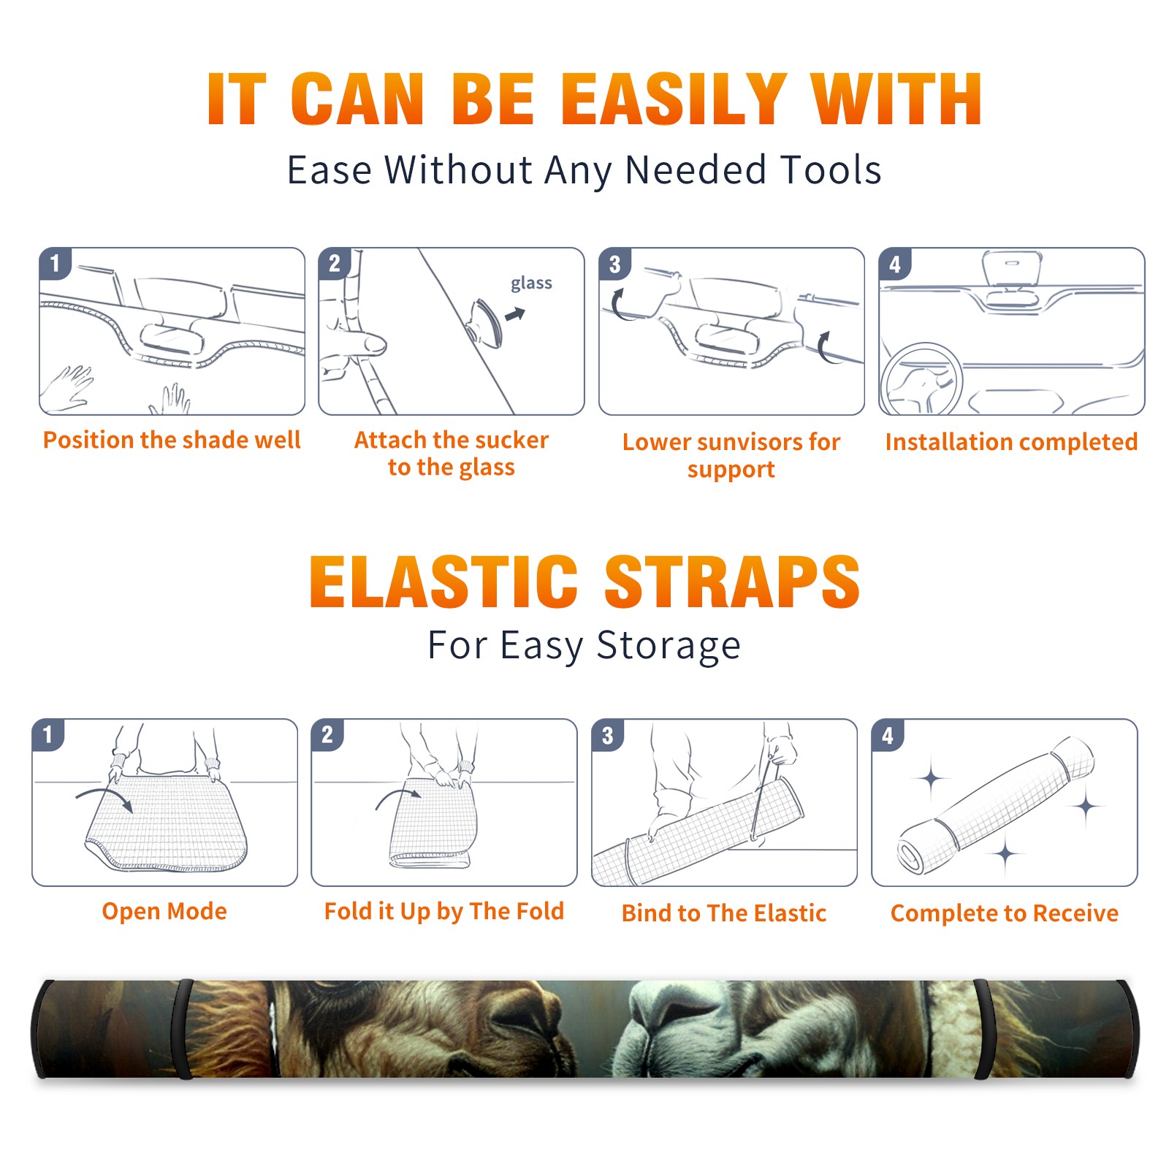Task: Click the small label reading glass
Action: click(531, 283)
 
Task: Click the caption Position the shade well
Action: click(172, 440)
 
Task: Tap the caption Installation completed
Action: click(1011, 442)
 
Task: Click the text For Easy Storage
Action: click(584, 645)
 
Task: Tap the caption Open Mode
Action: click(164, 911)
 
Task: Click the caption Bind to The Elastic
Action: click(723, 913)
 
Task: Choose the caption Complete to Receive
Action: click(1005, 913)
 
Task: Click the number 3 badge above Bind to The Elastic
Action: click(608, 736)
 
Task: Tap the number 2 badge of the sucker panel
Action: click(335, 263)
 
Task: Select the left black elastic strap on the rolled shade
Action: click(183, 1029)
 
